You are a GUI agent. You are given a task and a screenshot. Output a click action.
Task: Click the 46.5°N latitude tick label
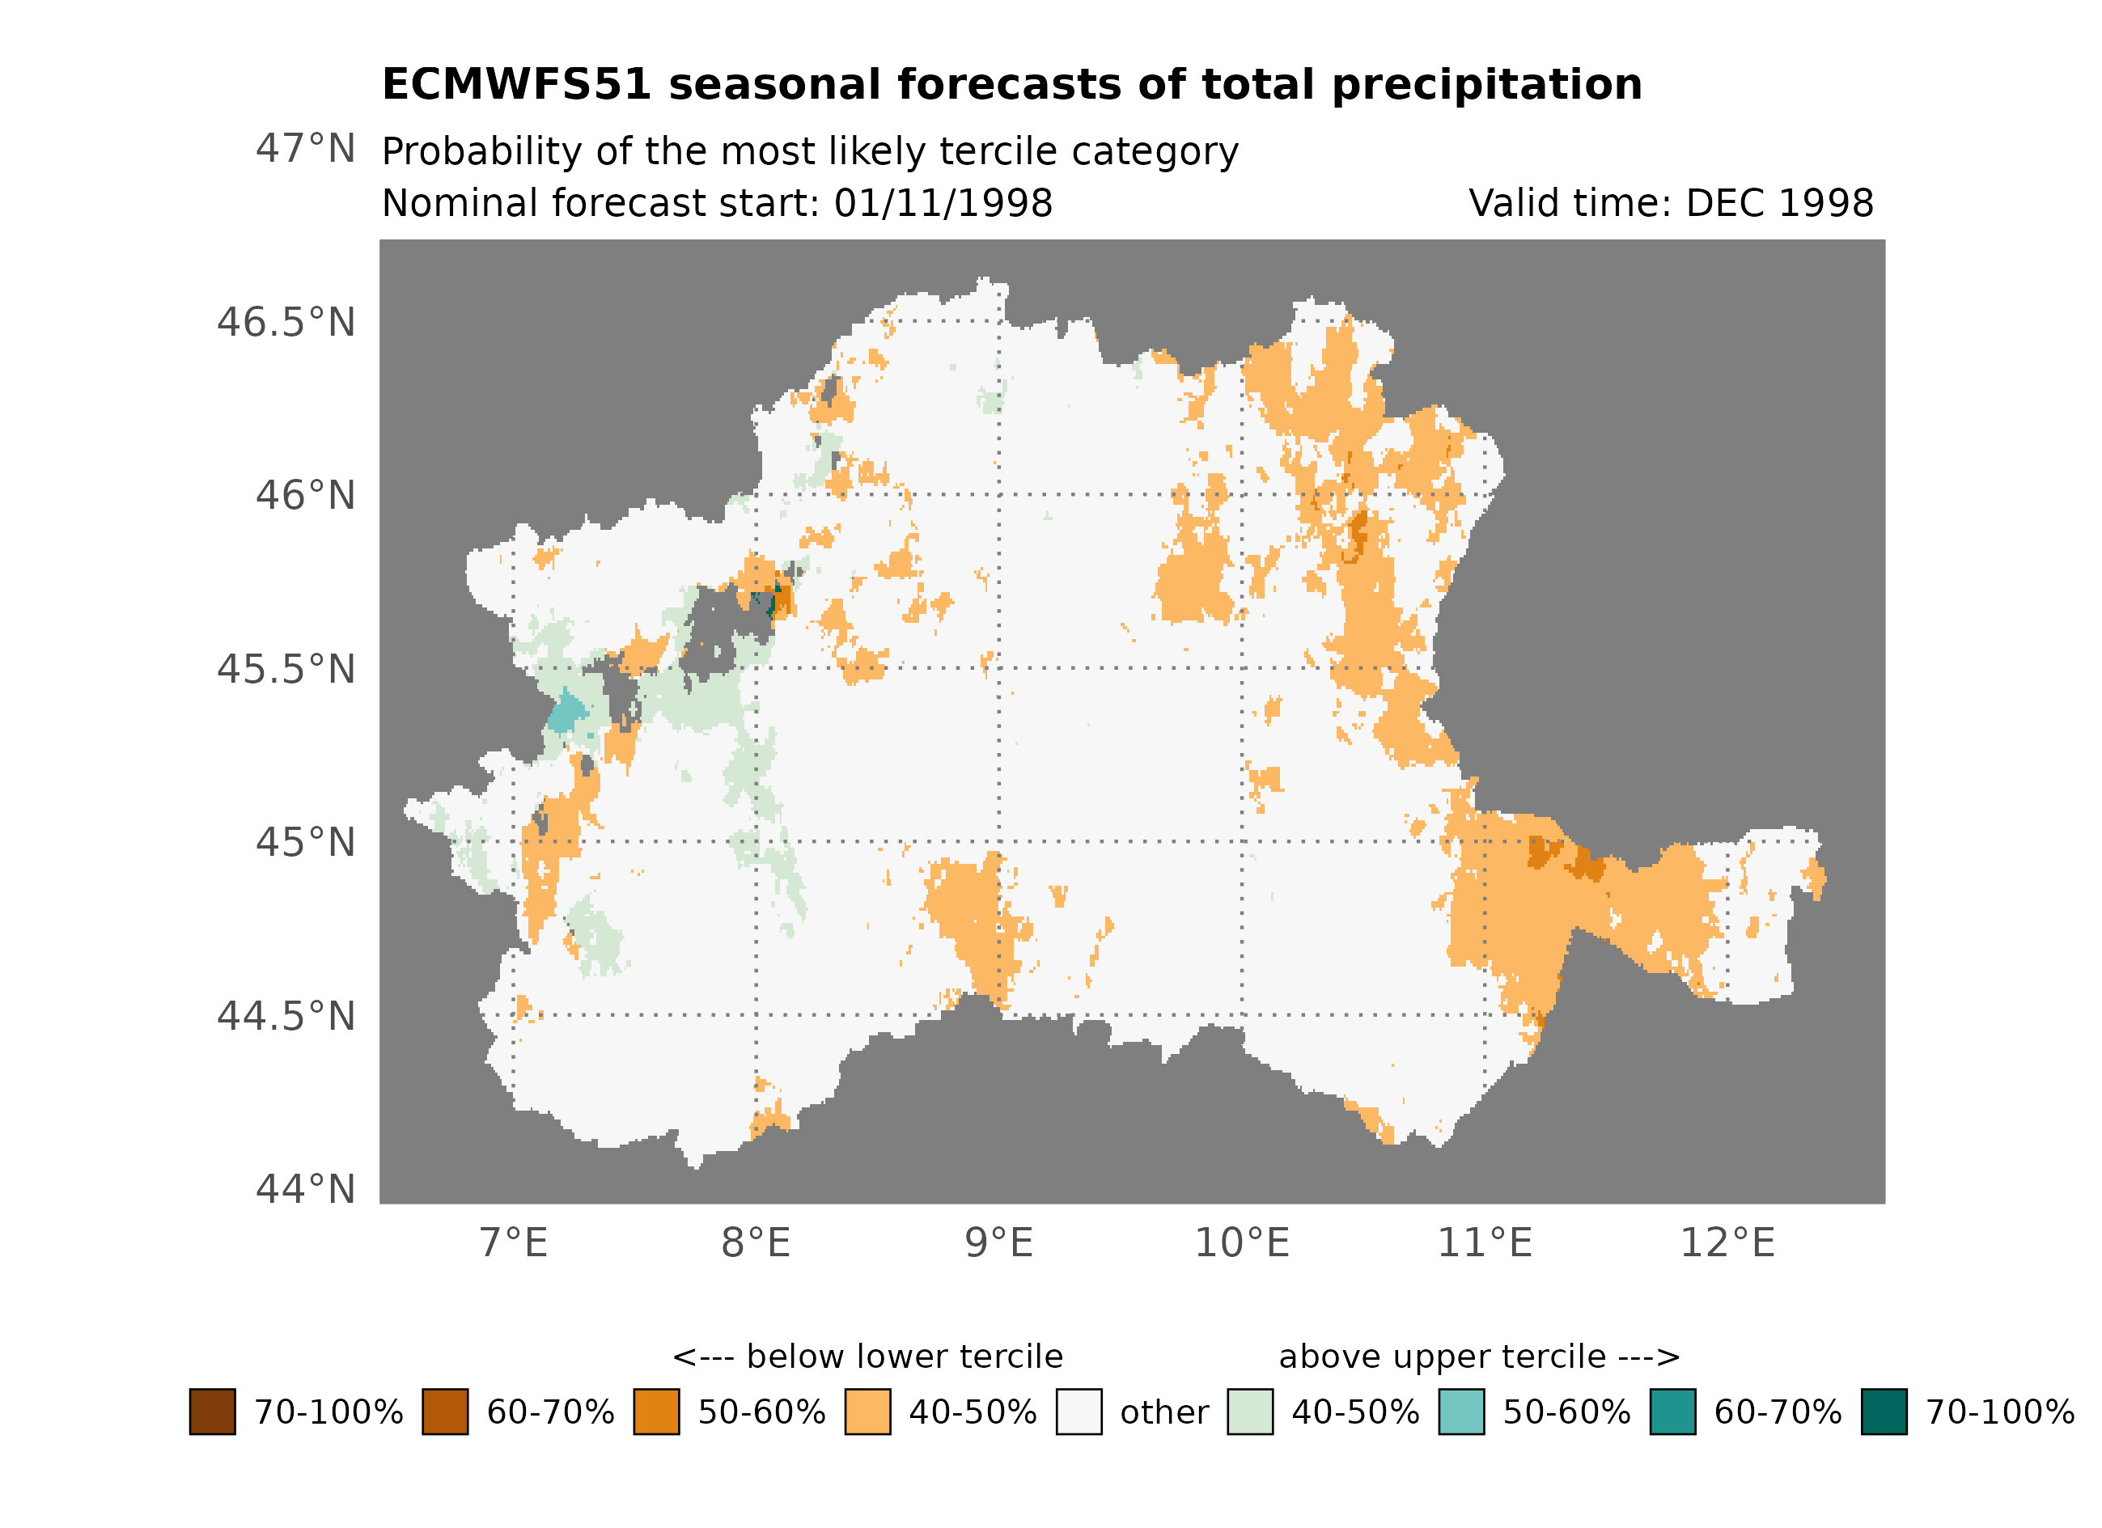[286, 323]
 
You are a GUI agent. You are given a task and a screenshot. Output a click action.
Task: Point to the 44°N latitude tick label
[305, 1190]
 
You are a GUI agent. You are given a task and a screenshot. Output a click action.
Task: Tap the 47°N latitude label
[305, 148]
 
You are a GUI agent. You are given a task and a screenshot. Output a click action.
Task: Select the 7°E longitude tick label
[514, 1243]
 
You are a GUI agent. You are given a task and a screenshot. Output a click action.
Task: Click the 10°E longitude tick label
[1242, 1243]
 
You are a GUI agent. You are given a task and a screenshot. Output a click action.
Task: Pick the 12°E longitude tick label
[1727, 1243]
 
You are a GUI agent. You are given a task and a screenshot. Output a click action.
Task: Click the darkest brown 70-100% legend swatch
[212, 1412]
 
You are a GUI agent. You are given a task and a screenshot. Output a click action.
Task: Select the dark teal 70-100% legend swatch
[1884, 1412]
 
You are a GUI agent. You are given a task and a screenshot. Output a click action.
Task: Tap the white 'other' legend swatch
[1079, 1412]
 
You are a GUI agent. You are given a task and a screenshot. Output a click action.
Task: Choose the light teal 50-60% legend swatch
[1461, 1412]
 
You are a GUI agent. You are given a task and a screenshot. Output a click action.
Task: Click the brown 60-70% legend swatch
[445, 1412]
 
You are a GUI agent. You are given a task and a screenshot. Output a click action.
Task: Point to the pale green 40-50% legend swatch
[1250, 1412]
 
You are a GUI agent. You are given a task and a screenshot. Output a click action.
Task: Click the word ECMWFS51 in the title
[516, 84]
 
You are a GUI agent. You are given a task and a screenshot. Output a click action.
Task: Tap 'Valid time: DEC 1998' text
[1671, 203]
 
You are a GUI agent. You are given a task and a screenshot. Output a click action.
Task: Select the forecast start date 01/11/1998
[943, 203]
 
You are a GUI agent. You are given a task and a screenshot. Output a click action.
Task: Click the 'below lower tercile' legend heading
[867, 1357]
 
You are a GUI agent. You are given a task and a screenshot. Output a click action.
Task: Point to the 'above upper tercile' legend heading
[1479, 1357]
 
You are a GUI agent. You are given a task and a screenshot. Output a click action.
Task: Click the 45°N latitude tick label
[305, 842]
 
